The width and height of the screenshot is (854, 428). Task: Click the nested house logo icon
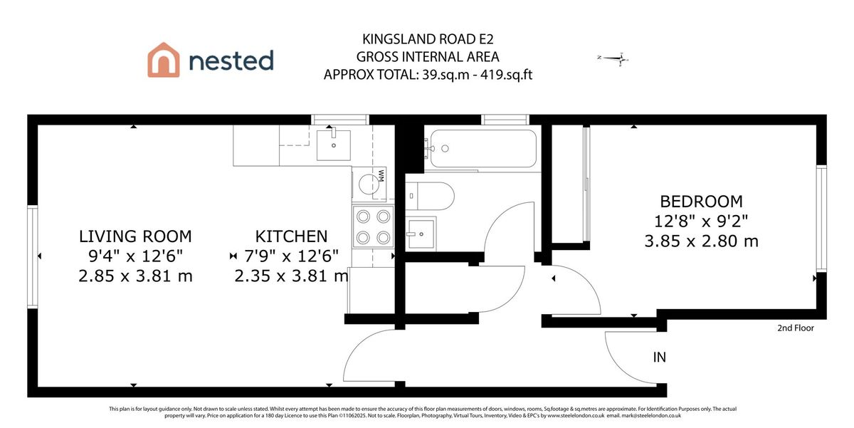click(x=163, y=60)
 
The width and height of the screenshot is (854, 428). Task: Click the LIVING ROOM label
click(x=135, y=236)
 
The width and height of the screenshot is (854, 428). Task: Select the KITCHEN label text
click(x=291, y=236)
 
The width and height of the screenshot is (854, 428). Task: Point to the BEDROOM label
click(x=701, y=202)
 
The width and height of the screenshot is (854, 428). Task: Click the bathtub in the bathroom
click(x=480, y=148)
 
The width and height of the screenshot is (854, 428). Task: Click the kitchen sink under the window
click(x=333, y=145)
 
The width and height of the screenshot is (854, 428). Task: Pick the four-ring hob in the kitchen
click(x=372, y=226)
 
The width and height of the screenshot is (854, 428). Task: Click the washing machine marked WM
click(x=370, y=183)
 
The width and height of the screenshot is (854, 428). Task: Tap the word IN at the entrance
click(x=659, y=357)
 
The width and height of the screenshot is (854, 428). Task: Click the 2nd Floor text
click(x=795, y=328)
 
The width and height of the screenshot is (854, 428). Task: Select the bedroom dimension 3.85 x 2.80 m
click(x=701, y=241)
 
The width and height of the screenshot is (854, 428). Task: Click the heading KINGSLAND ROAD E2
click(x=427, y=40)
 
